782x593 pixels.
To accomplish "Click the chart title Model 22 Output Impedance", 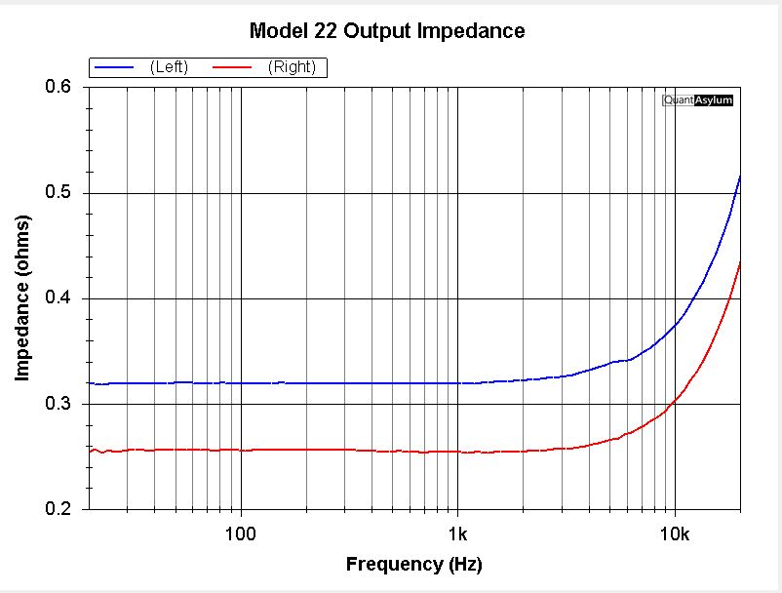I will [387, 31].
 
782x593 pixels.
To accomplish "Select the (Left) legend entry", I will [169, 66].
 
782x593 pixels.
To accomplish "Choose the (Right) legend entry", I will [290, 66].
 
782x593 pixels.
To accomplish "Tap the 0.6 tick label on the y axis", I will [59, 88].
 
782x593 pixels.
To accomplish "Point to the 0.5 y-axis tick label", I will [59, 193].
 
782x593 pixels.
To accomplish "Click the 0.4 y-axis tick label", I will [59, 298].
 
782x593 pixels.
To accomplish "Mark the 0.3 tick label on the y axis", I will [59, 404].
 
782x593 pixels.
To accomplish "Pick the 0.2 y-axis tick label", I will [59, 509].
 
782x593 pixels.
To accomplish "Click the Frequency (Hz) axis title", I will [413, 565].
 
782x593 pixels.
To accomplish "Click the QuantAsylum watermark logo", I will [697, 99].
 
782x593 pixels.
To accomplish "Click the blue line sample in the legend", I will [114, 66].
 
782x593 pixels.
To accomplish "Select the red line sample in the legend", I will [232, 66].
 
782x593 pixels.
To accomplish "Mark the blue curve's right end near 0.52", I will [740, 177].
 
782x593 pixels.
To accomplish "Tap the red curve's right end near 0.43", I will [740, 262].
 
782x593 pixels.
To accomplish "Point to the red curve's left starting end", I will [90, 451].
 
